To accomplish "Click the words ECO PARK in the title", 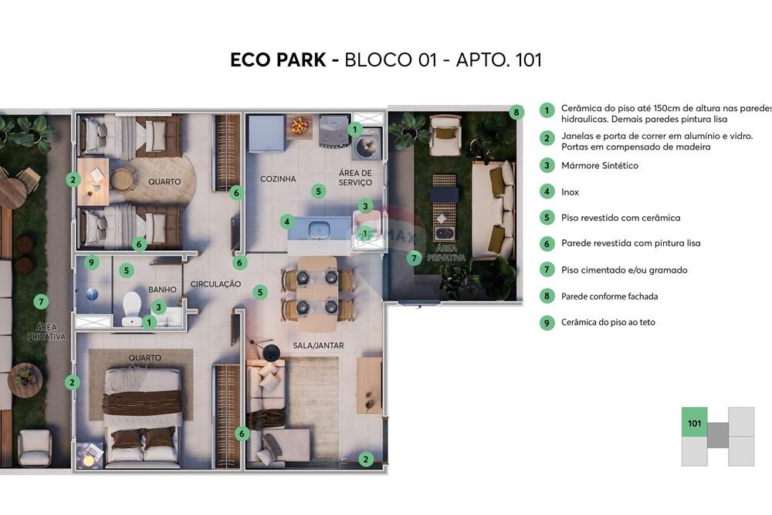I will [278, 60].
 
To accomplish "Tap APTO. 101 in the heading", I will [499, 60].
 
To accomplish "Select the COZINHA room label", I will [278, 179].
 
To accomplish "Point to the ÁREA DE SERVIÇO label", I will [355, 178].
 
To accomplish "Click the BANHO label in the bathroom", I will [162, 290].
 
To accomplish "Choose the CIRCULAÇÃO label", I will [215, 284].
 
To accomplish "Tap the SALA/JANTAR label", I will [318, 345].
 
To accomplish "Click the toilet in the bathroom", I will [132, 306].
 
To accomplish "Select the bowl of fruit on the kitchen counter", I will [299, 125].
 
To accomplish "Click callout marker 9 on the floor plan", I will [92, 263].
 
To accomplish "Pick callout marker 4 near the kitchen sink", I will [287, 222].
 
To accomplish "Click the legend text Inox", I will [570, 192].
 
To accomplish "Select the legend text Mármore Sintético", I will [599, 165].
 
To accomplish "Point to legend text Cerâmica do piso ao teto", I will [608, 323].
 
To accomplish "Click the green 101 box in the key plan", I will [694, 423].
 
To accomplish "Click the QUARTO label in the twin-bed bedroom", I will [164, 182].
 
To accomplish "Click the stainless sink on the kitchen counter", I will [319, 229].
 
